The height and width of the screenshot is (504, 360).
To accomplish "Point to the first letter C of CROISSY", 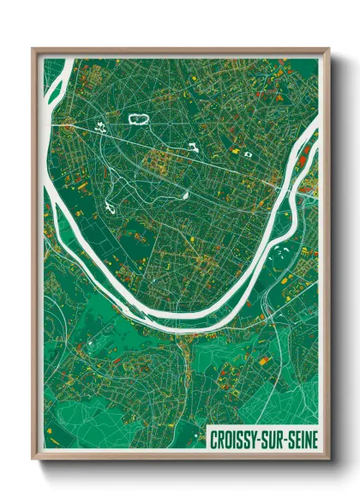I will click(214, 439).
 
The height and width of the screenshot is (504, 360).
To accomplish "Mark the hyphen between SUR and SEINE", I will click(282, 439).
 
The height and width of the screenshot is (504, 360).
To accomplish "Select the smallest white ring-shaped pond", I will click(248, 154).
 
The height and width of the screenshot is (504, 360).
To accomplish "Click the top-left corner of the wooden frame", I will click(33, 50).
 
